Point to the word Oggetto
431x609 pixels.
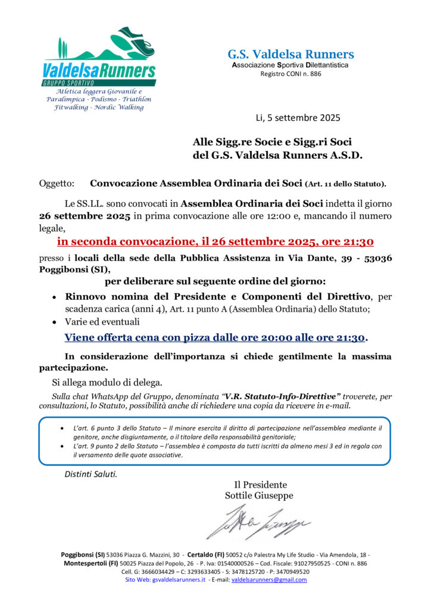tap(57, 184)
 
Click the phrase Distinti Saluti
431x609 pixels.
tap(91, 474)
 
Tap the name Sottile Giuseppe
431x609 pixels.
tap(259, 495)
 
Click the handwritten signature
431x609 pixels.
tap(259, 522)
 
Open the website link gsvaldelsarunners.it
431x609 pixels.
tap(179, 579)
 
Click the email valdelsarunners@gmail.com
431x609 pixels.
tap(269, 579)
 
